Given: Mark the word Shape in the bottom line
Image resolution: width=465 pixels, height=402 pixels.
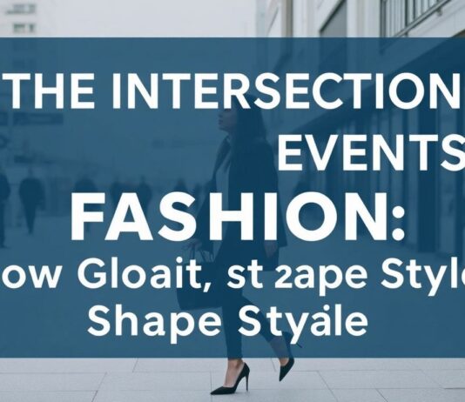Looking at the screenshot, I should tap(138, 321).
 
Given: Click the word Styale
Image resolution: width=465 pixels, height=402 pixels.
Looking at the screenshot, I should tap(294, 321).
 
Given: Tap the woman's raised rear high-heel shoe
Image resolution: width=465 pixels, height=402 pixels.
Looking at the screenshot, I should tap(286, 364).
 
